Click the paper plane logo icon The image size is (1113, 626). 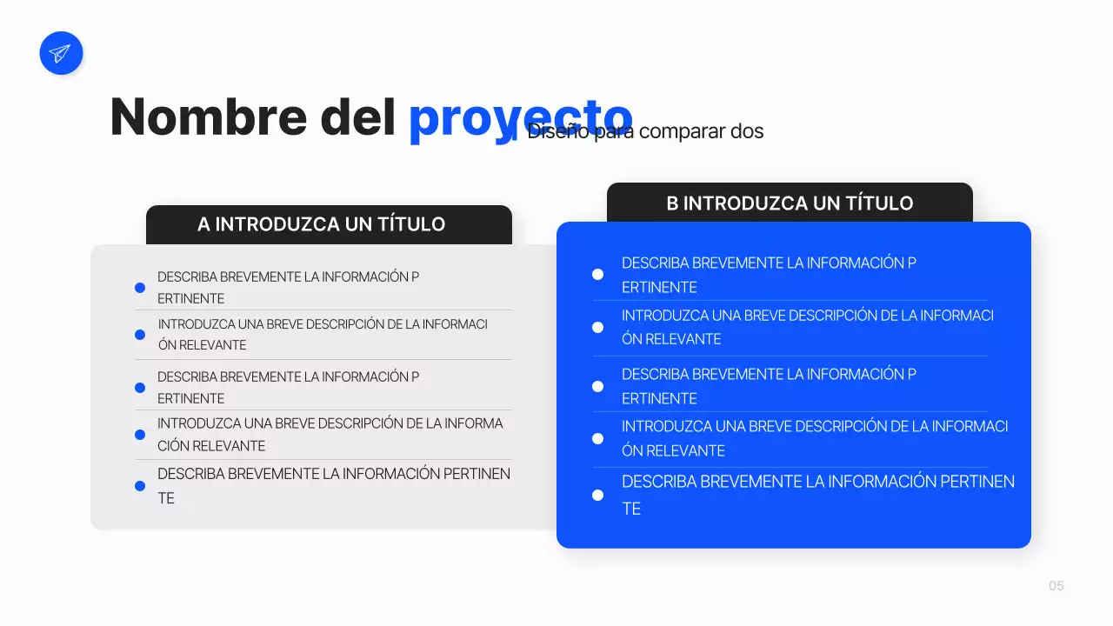(x=61, y=53)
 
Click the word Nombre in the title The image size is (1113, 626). (x=208, y=117)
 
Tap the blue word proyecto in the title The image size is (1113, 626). (x=520, y=117)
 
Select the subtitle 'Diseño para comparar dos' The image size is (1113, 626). (x=645, y=131)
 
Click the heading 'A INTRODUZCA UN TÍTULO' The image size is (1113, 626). (x=321, y=224)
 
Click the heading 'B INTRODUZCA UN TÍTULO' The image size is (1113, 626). (x=790, y=203)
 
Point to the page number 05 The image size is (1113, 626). (x=1056, y=586)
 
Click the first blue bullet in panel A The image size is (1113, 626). (x=140, y=288)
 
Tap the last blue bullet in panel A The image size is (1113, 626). (x=140, y=486)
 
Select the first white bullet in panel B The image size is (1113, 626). (x=597, y=275)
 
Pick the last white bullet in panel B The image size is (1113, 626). (x=597, y=495)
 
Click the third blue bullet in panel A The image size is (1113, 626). (x=140, y=388)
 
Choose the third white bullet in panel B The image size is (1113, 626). (x=597, y=386)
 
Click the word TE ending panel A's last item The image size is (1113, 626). (x=166, y=498)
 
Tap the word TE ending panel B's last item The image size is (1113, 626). (x=631, y=509)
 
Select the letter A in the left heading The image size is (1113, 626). (x=203, y=224)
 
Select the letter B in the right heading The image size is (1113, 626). (x=672, y=203)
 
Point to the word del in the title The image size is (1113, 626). (x=358, y=117)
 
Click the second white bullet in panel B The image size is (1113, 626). (x=597, y=328)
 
